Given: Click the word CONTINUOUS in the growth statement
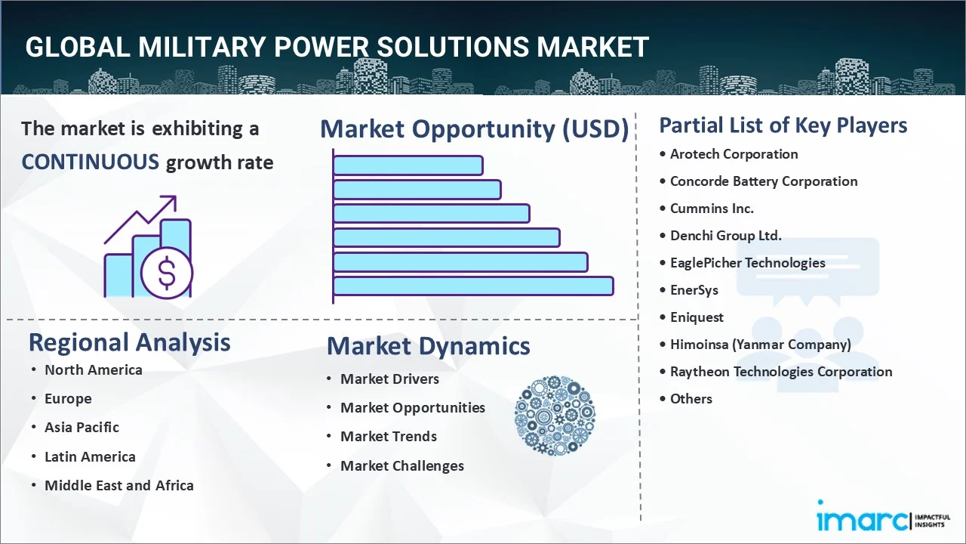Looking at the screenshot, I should [90, 162].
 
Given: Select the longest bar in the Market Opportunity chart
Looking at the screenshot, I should [472, 286].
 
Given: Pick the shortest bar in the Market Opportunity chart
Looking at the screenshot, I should [408, 165].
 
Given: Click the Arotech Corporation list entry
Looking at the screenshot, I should [734, 154].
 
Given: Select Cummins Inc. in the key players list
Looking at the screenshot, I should [712, 209].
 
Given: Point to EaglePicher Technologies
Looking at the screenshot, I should [747, 263].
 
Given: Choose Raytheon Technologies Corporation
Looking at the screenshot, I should [781, 372].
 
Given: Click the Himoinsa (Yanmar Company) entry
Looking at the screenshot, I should [760, 345].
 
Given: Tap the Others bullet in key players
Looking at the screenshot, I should [691, 399].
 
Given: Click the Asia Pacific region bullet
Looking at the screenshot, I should [82, 428].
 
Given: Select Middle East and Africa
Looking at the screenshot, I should [118, 486].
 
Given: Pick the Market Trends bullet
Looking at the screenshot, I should [388, 437].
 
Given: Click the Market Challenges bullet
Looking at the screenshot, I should [401, 466].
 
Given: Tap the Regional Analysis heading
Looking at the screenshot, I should [129, 342].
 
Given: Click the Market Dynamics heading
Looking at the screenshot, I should [428, 346].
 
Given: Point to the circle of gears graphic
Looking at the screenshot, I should [555, 416].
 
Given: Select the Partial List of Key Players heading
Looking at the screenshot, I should [783, 125].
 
